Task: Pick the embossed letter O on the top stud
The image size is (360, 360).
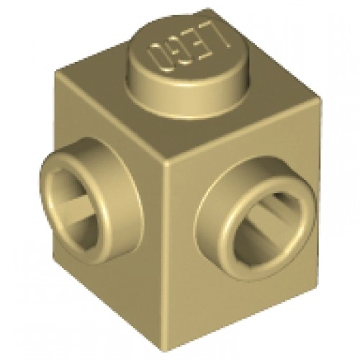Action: click(161, 58)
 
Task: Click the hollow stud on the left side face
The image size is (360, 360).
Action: click(92, 202)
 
